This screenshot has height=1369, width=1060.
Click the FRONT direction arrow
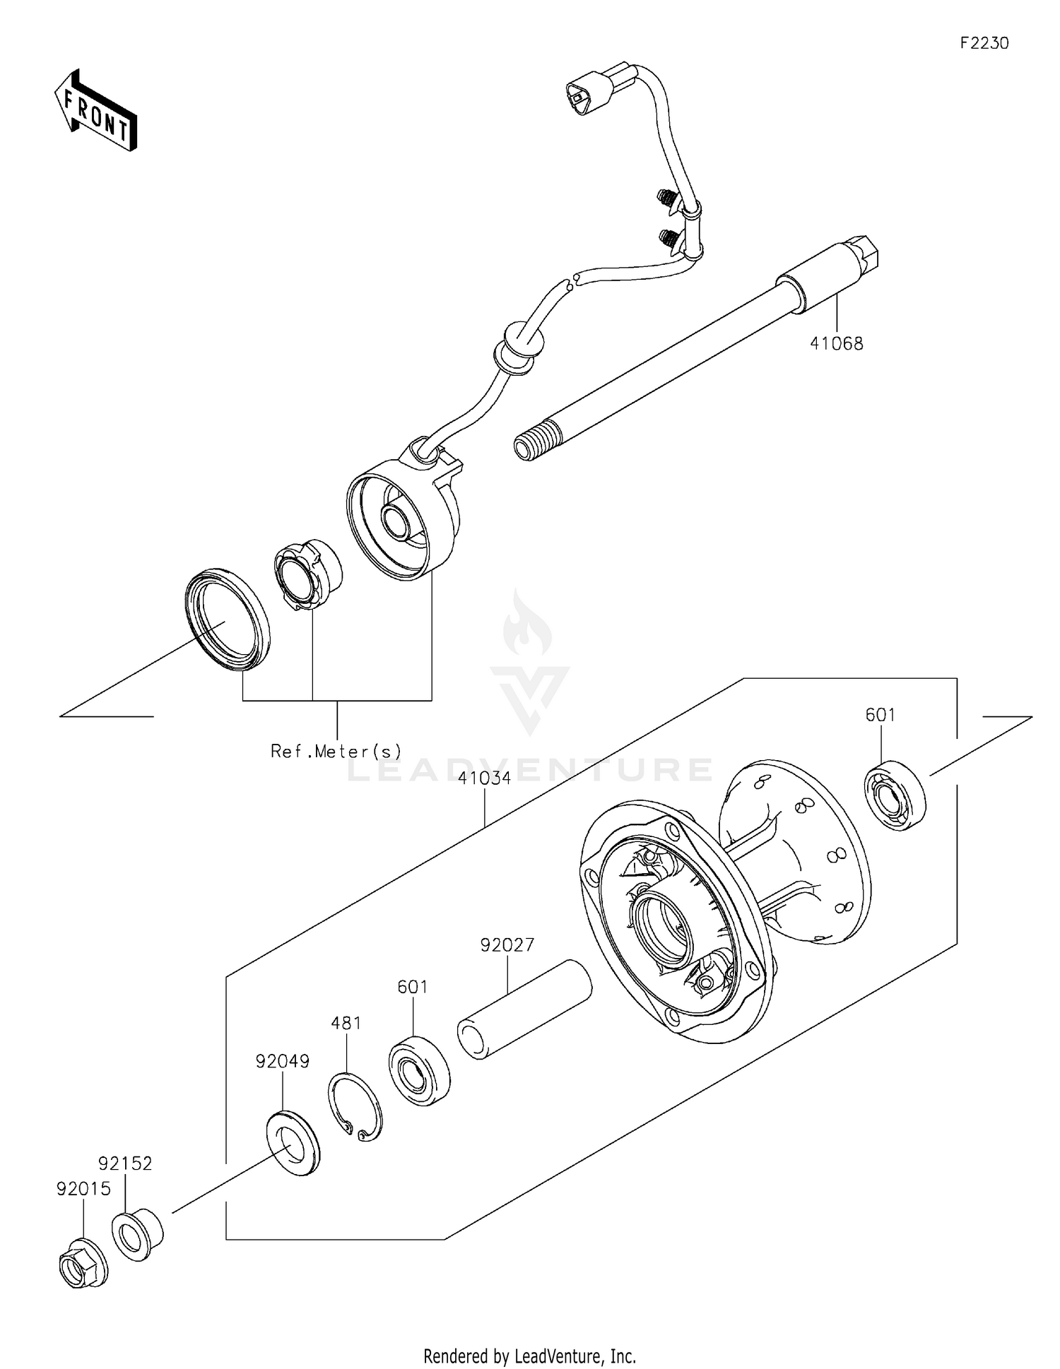click(x=96, y=112)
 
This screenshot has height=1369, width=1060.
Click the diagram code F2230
click(x=984, y=43)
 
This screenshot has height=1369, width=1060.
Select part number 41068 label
click(x=836, y=344)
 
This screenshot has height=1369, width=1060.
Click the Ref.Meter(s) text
click(x=336, y=750)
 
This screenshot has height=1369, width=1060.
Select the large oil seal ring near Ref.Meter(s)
click(x=227, y=620)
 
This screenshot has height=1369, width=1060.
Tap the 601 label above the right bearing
click(x=881, y=715)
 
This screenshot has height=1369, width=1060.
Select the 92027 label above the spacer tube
click(x=507, y=945)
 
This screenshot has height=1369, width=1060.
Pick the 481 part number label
click(x=346, y=1023)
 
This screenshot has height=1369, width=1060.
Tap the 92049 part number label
click(x=283, y=1061)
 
